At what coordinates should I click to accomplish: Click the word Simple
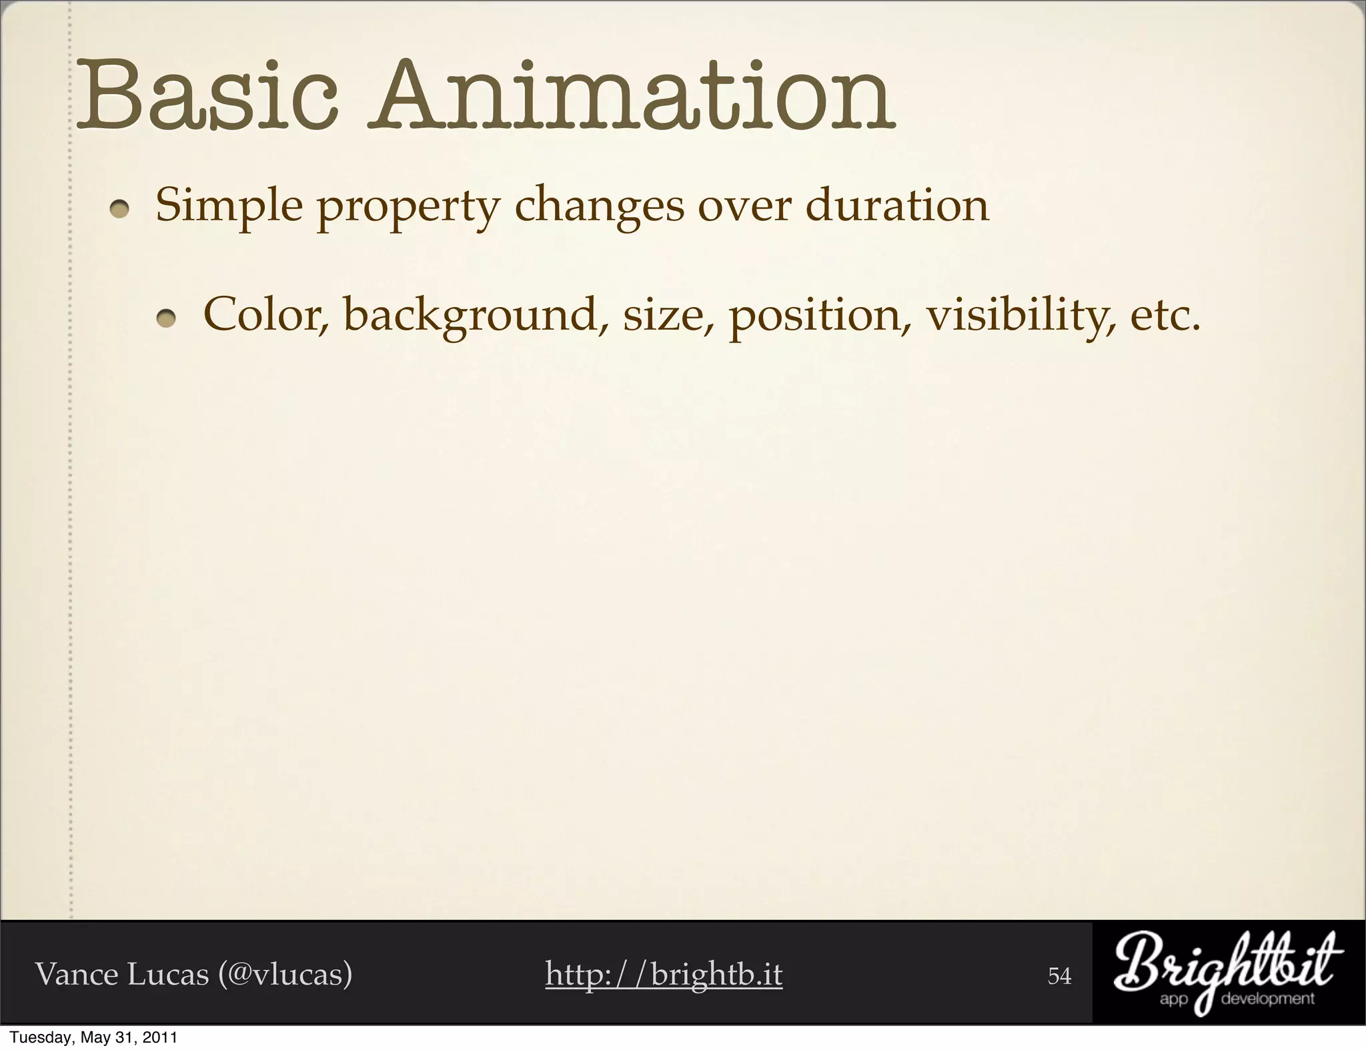click(x=229, y=206)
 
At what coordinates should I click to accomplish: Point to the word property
click(x=408, y=208)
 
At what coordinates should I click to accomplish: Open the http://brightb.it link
click(x=664, y=974)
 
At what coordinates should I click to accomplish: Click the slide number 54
click(x=1059, y=976)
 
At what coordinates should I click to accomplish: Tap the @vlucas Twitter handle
click(x=285, y=974)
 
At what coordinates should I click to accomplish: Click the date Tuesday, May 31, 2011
click(x=94, y=1038)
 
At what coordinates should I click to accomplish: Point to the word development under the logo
click(x=1267, y=999)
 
